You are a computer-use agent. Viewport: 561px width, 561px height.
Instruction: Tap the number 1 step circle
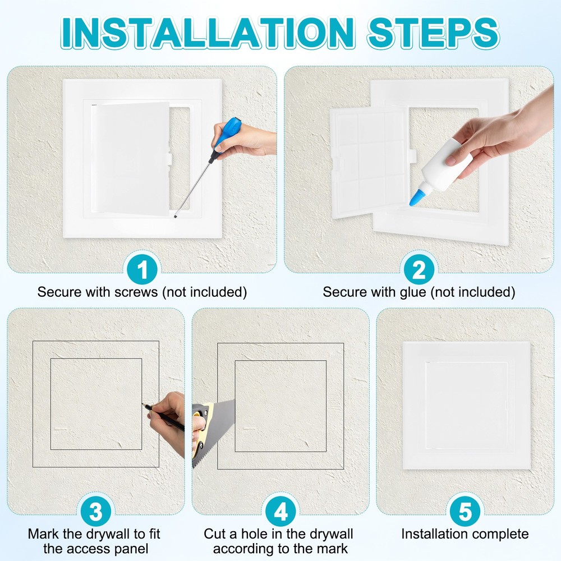tap(142, 270)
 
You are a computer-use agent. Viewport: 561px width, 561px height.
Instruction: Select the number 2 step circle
tap(419, 270)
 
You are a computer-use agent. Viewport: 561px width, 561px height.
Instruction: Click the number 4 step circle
tap(280, 511)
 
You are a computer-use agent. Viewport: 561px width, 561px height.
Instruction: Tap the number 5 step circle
tap(465, 511)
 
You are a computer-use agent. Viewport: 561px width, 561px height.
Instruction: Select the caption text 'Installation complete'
tap(465, 534)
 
